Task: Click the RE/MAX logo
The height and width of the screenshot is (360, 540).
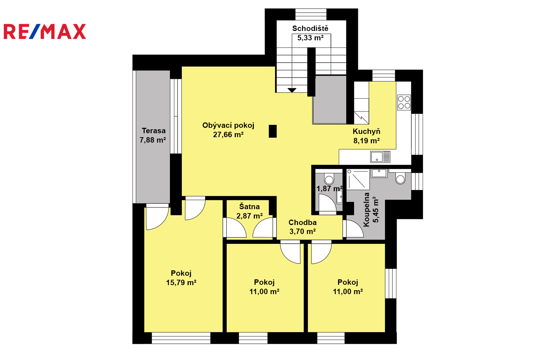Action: [45, 31]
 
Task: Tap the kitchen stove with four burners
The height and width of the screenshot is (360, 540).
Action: [404, 103]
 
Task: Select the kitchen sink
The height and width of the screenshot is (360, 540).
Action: [380, 157]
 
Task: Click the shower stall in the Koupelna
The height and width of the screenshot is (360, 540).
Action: [358, 179]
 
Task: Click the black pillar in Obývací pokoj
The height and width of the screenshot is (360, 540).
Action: [273, 131]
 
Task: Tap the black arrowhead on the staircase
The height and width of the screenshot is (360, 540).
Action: [292, 90]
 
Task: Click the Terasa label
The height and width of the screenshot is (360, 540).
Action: [154, 131]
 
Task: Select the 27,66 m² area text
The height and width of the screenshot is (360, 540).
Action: [228, 135]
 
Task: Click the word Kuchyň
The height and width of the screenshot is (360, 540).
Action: [366, 131]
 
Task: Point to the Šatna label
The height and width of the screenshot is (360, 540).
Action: [249, 206]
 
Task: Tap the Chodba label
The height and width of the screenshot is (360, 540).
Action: [302, 222]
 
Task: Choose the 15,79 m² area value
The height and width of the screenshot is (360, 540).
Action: [181, 282]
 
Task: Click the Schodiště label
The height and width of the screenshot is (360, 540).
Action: [310, 28]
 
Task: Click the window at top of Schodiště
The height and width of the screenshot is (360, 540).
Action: [311, 14]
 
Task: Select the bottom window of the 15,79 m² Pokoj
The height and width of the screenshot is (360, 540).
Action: [181, 338]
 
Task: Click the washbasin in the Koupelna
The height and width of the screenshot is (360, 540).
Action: [379, 173]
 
